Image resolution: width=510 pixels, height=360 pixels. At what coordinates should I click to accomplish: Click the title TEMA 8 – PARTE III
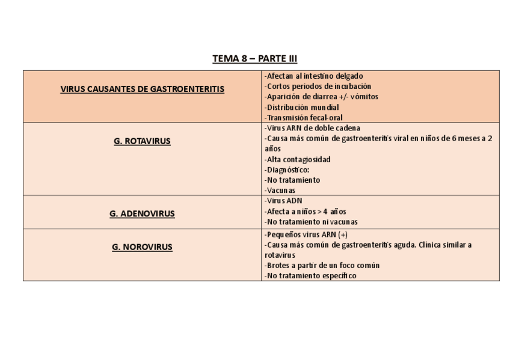tap(254, 59)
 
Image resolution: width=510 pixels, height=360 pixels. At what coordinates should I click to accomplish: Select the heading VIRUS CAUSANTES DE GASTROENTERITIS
tap(143, 89)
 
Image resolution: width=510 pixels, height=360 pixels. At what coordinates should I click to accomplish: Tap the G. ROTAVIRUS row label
tap(142, 141)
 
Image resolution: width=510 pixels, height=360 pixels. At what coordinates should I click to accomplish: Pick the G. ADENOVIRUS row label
tap(142, 213)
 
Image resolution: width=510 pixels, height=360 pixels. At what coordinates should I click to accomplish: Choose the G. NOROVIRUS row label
tap(142, 247)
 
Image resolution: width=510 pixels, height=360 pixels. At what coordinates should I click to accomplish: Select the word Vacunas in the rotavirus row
tap(280, 191)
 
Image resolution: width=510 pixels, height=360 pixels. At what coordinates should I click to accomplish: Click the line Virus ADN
tap(283, 201)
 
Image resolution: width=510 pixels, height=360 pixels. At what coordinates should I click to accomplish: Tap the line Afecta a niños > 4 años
tap(305, 212)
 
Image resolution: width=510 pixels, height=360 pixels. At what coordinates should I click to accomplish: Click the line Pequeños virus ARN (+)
tap(306, 234)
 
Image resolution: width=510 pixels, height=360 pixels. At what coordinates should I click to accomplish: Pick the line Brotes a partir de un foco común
tap(322, 265)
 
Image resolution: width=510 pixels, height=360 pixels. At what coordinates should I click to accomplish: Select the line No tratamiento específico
tap(310, 275)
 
